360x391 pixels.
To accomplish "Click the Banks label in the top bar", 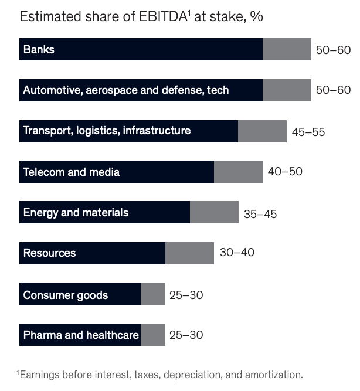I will tap(39, 50).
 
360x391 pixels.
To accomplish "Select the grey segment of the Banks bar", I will tap(287, 50).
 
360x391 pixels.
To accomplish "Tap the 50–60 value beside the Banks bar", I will tap(333, 50).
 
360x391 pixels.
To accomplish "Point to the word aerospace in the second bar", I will tap(117, 90).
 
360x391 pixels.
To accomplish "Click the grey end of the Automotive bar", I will tap(287, 90).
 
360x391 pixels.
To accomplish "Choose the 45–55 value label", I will tap(308, 132).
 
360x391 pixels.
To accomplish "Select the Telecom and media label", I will tap(71, 172).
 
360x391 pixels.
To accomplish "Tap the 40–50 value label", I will tap(285, 172).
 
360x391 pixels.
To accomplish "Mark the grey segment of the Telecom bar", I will tap(238, 172).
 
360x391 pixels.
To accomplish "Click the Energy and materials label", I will tap(76, 213).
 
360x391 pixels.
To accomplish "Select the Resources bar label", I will tap(49, 253).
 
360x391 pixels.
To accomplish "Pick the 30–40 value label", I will tap(236, 253).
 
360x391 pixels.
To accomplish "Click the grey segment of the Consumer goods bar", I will tap(153, 294).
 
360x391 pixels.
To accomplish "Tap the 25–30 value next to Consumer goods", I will tap(186, 295).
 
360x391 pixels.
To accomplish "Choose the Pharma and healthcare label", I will tap(81, 335).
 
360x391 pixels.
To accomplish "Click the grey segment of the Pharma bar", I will tap(153, 335).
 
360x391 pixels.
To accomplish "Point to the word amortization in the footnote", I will tap(274, 374).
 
